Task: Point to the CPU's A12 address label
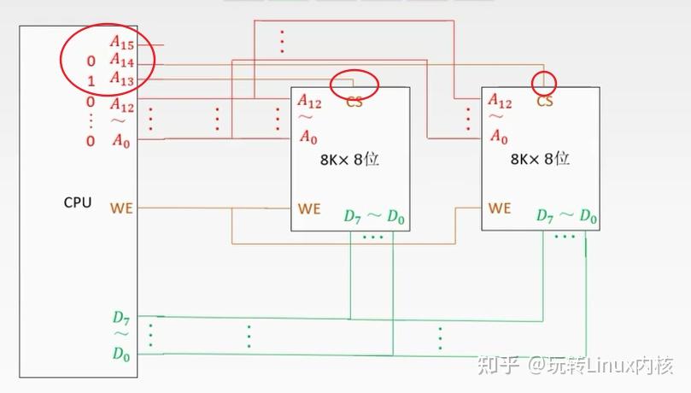click(121, 105)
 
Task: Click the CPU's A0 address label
click(121, 140)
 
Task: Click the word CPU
click(78, 202)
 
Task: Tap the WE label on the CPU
click(121, 208)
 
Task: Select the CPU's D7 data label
click(120, 317)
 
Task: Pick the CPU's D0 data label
click(120, 354)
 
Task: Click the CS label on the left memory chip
click(354, 102)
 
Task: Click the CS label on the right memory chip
click(545, 102)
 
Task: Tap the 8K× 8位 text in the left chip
click(348, 159)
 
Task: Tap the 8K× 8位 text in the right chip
click(540, 159)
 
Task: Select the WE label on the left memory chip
click(309, 208)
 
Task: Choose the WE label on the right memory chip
click(500, 208)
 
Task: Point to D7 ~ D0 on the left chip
click(374, 216)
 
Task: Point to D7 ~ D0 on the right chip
click(566, 216)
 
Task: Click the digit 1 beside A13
click(91, 82)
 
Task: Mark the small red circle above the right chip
click(544, 83)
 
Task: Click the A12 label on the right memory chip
click(500, 103)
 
